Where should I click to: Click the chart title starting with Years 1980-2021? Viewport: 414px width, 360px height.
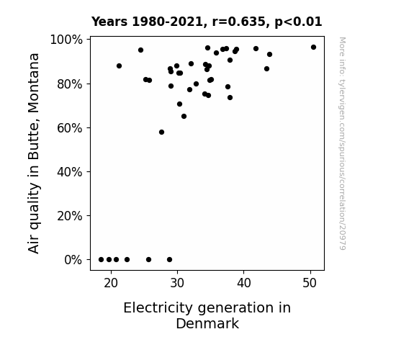pyautogui.click(x=207, y=22)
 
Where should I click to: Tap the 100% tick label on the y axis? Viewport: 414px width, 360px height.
pyautogui.click(x=66, y=40)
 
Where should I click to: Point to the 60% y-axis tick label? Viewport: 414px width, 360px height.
pyautogui.click(x=70, y=128)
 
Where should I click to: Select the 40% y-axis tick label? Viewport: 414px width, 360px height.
pyautogui.click(x=70, y=172)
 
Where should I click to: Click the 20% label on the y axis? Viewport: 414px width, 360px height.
pyautogui.click(x=70, y=216)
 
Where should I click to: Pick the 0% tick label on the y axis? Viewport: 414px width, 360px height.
pyautogui.click(x=73, y=260)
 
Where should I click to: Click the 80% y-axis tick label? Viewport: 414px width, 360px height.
pyautogui.click(x=70, y=84)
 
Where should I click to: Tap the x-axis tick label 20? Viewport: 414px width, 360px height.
pyautogui.click(x=111, y=283)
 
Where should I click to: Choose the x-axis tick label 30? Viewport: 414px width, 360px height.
pyautogui.click(x=177, y=283)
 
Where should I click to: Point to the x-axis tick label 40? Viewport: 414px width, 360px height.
pyautogui.click(x=243, y=283)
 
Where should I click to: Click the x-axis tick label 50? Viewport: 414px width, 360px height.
pyautogui.click(x=310, y=283)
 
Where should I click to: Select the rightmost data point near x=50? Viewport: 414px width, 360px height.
pyautogui.click(x=313, y=48)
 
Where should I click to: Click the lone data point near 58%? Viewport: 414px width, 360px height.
pyautogui.click(x=161, y=132)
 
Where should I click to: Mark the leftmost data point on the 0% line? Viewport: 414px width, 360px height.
pyautogui.click(x=101, y=260)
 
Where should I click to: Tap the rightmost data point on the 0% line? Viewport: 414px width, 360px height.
pyautogui.click(x=169, y=260)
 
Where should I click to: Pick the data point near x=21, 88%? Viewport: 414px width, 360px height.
pyautogui.click(x=119, y=66)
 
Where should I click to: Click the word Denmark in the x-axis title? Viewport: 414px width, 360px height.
pyautogui.click(x=207, y=324)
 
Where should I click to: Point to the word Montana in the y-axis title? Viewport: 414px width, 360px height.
pyautogui.click(x=34, y=83)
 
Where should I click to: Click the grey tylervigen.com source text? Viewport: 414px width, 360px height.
pyautogui.click(x=342, y=143)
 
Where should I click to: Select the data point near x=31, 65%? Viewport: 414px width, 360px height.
pyautogui.click(x=184, y=116)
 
